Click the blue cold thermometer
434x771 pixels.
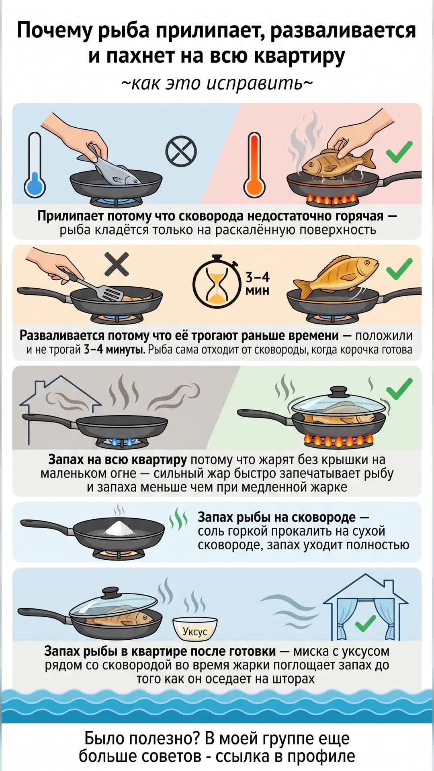coord(35,165)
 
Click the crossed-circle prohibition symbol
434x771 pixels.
coord(181,151)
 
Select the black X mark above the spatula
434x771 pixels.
coord(117,264)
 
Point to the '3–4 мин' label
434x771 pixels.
coord(258,284)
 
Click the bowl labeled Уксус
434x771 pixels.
coord(195,629)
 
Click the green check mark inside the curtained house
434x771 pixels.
coord(365,624)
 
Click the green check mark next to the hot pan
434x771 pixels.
coord(399,152)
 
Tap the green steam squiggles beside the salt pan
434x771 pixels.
coord(178,519)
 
